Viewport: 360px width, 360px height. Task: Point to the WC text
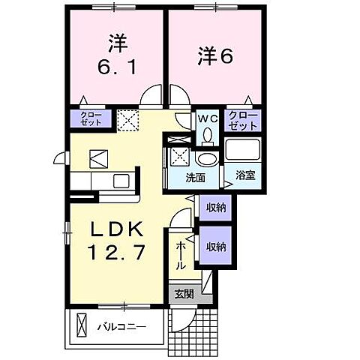coord(207,117)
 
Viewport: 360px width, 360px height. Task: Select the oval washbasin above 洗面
coord(205,158)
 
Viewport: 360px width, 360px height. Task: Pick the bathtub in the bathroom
coord(243,149)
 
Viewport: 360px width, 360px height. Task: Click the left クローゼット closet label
coord(90,118)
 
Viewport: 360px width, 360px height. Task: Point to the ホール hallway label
coord(181,255)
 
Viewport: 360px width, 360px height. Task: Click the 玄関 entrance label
coord(184,293)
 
